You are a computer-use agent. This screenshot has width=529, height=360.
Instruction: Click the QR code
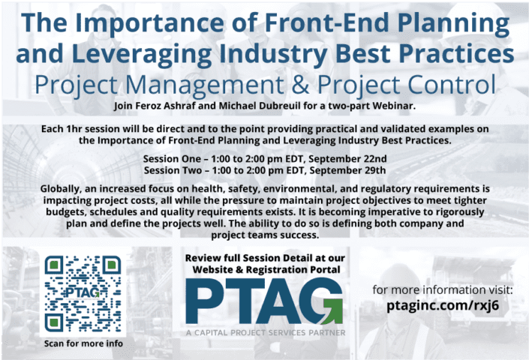coord(83,295)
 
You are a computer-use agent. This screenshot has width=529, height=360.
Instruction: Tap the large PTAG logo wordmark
coord(263,302)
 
